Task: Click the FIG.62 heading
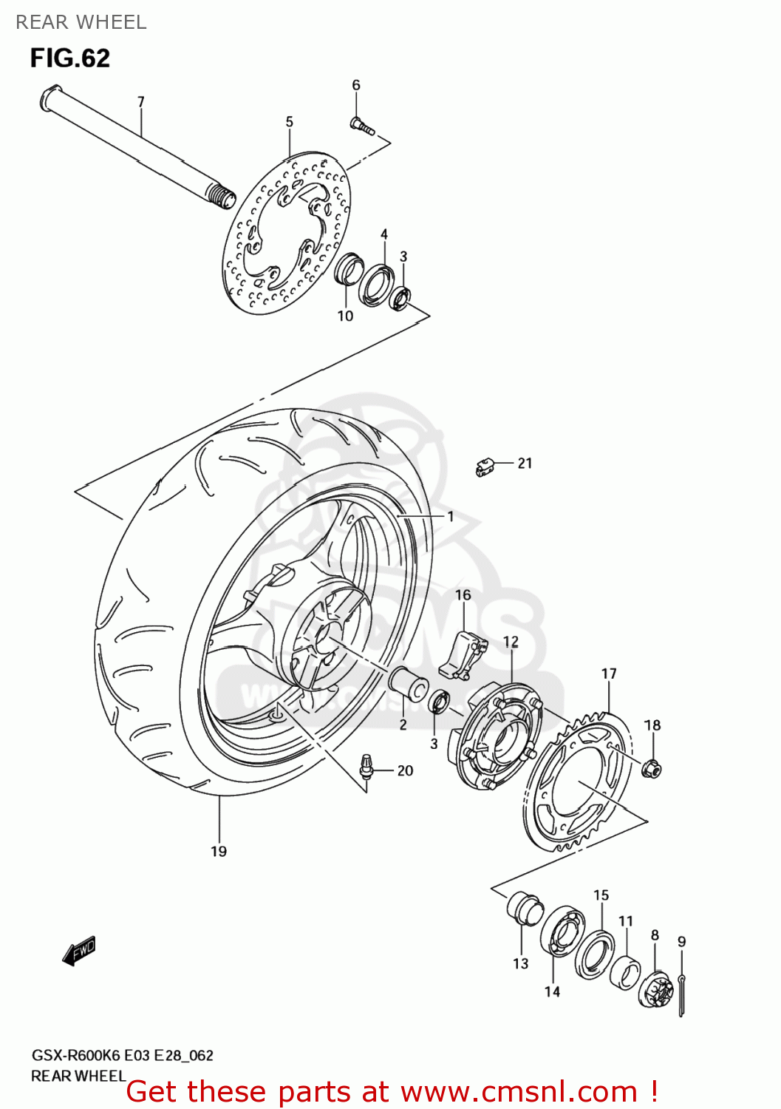[x=70, y=58]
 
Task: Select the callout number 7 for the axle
[x=140, y=102]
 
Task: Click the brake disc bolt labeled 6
[x=361, y=127]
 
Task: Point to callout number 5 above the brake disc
[x=289, y=122]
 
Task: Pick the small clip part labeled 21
[x=484, y=467]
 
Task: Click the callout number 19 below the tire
[x=219, y=852]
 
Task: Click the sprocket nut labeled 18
[x=652, y=769]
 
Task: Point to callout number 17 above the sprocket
[x=609, y=674]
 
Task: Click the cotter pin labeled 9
[x=681, y=994]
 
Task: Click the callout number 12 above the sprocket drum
[x=511, y=642]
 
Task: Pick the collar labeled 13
[x=525, y=909]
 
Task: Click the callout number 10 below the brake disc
[x=345, y=316]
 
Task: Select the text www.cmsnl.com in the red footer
[x=519, y=1091]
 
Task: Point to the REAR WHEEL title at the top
[x=81, y=22]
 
